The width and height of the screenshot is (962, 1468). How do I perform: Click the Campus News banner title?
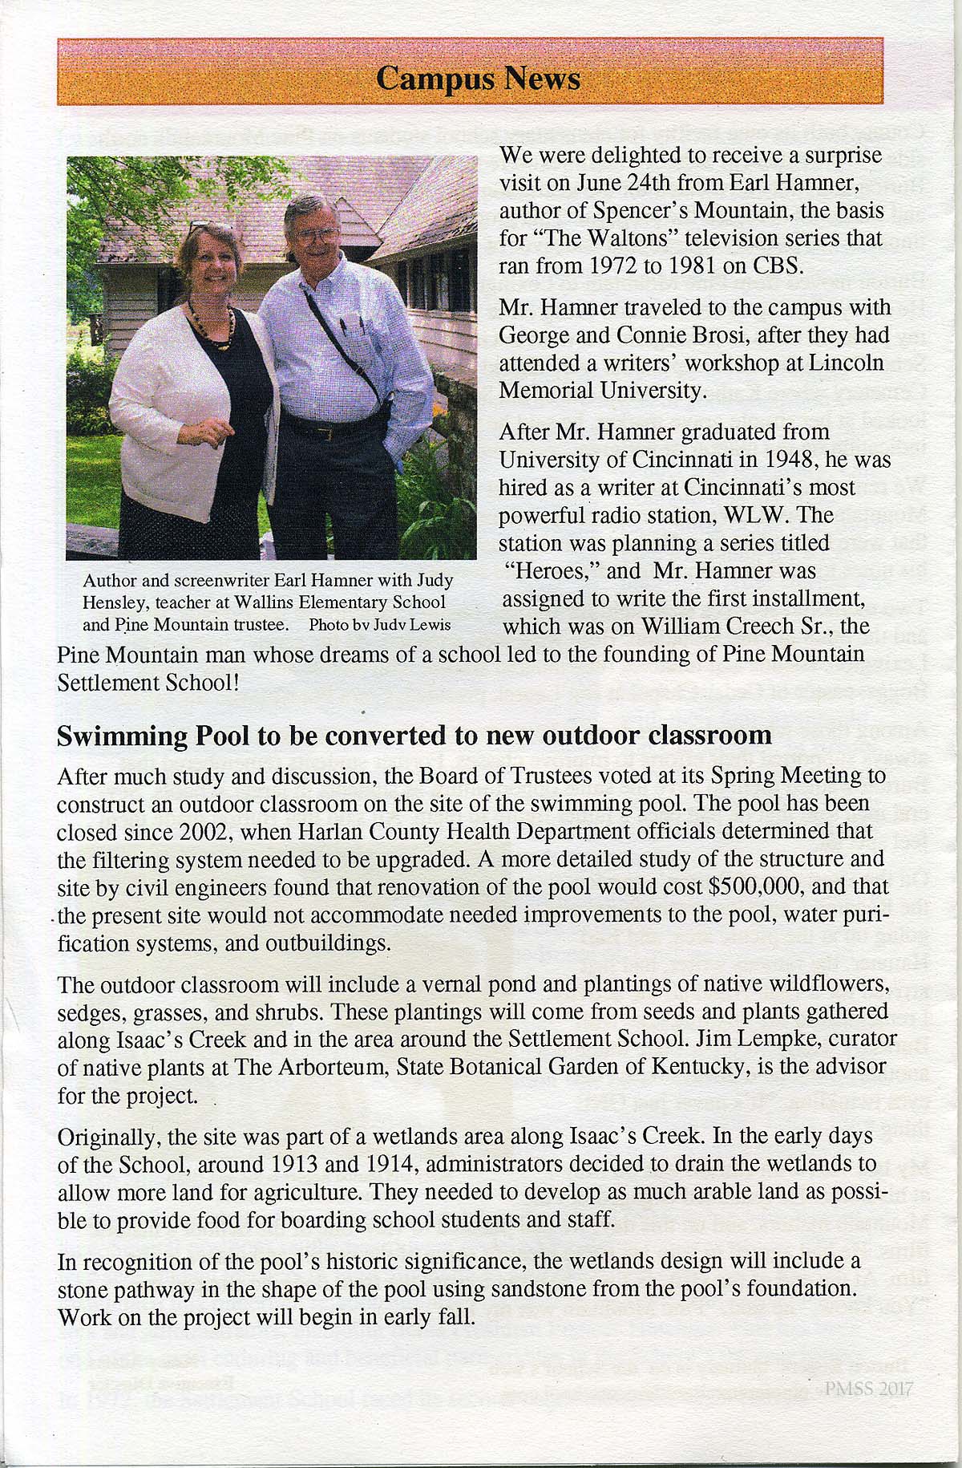point(478,79)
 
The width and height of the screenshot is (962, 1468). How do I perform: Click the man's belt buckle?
point(324,434)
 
